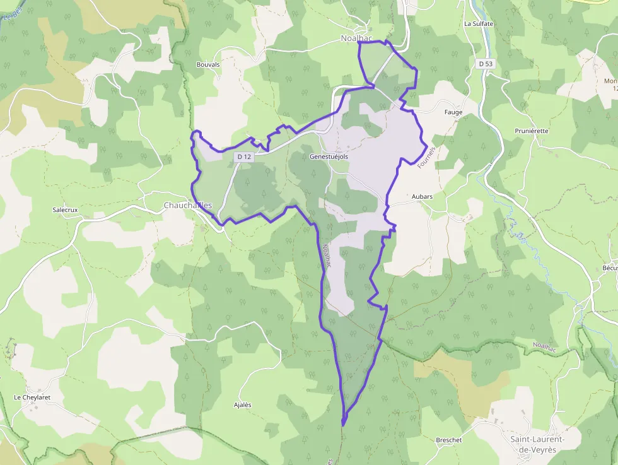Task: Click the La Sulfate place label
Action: click(x=478, y=24)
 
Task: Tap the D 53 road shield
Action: click(x=485, y=64)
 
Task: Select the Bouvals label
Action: click(x=208, y=64)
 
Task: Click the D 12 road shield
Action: click(x=243, y=156)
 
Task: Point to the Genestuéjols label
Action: click(x=329, y=156)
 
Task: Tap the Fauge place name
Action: click(x=453, y=112)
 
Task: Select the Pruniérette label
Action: click(x=532, y=131)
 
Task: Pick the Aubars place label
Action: click(x=422, y=197)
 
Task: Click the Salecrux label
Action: click(x=65, y=209)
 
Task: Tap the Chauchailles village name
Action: click(x=188, y=206)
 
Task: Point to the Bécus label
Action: click(x=610, y=268)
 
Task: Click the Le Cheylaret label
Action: click(x=32, y=397)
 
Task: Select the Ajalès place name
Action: click(x=243, y=404)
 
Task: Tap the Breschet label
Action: click(x=449, y=440)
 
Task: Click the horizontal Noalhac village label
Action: click(x=357, y=38)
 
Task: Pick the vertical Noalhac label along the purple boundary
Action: click(x=326, y=257)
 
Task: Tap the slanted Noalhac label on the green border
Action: click(x=545, y=346)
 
